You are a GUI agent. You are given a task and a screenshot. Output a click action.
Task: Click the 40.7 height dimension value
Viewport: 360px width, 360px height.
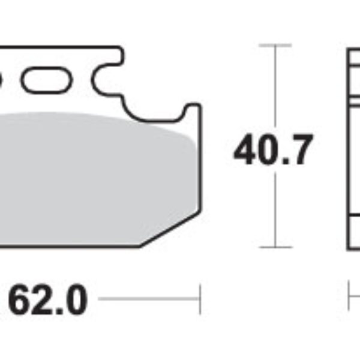point(273,151)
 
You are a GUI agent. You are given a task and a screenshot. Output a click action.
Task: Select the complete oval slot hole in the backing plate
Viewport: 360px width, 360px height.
point(45,79)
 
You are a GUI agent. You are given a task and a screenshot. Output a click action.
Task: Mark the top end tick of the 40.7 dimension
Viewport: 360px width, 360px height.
point(275,45)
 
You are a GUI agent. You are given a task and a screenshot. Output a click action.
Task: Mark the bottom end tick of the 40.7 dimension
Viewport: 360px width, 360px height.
point(275,247)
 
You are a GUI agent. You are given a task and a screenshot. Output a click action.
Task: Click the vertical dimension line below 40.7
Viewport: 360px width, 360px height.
point(275,210)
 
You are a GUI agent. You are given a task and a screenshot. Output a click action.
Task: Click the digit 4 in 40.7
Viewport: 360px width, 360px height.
point(246,151)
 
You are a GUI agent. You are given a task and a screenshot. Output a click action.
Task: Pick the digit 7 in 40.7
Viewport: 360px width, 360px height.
point(300,151)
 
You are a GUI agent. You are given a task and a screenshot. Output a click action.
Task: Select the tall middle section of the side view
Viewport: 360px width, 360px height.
point(354,156)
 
